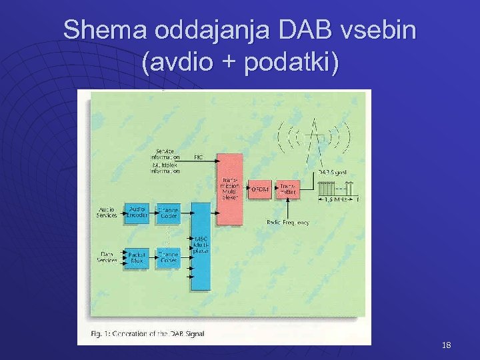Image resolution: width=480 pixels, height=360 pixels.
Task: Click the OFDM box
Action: (x=259, y=189)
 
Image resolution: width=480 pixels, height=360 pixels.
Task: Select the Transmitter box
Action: (x=287, y=189)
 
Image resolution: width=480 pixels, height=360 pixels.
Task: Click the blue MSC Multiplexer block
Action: (x=201, y=245)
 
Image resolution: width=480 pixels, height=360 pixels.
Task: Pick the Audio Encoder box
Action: (x=138, y=212)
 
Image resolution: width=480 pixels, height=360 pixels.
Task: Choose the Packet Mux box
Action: (x=138, y=257)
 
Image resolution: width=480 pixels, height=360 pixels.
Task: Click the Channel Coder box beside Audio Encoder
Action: (x=168, y=212)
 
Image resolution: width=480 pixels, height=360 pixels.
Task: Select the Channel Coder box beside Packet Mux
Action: (x=168, y=257)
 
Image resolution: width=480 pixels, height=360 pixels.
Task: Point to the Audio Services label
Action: (x=107, y=212)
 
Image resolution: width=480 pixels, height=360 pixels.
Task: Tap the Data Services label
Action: (x=107, y=257)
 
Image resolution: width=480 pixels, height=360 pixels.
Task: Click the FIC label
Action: (x=199, y=157)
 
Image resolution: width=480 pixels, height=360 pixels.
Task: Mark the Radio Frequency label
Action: (x=287, y=222)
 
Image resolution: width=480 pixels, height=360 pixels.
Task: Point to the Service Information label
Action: (x=167, y=154)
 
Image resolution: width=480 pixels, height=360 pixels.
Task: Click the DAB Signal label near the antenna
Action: (x=333, y=172)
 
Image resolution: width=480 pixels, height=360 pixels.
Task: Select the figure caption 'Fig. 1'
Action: (x=147, y=333)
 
